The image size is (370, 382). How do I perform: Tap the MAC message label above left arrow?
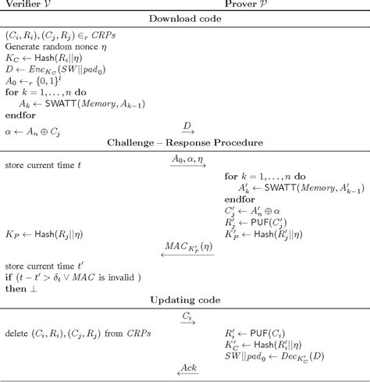pos(187,246)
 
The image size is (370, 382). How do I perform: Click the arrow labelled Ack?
pos(187,370)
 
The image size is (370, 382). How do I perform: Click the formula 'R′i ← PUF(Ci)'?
pos(258,332)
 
